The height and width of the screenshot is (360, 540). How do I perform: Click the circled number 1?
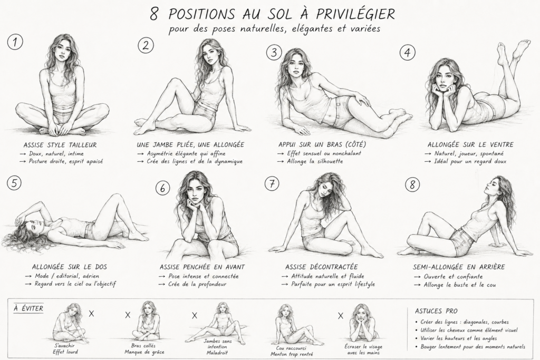(x=15, y=42)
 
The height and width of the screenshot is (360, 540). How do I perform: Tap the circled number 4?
(x=408, y=53)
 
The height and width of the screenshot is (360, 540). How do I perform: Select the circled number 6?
(x=162, y=188)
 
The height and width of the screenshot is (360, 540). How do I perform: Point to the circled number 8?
(x=412, y=184)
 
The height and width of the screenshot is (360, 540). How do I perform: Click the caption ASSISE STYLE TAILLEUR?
(x=60, y=145)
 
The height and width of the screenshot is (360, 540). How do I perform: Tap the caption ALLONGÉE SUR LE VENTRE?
(x=470, y=144)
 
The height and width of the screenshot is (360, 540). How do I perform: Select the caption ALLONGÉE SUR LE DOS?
(x=69, y=267)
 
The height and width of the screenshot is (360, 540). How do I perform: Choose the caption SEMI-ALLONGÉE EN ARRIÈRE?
(x=459, y=267)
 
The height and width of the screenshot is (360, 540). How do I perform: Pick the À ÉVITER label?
(x=28, y=308)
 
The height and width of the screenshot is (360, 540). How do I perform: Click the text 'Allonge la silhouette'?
(x=315, y=161)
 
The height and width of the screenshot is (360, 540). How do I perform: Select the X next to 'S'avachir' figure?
(x=91, y=314)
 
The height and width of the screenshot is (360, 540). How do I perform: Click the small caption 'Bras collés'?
(x=143, y=346)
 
